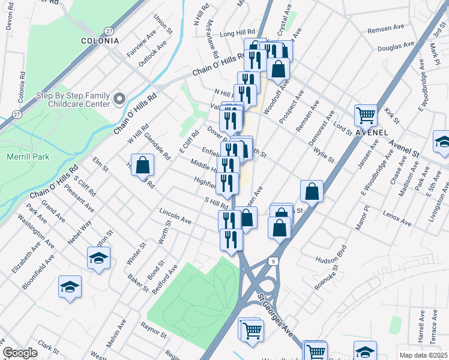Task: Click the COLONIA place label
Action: click(x=99, y=41)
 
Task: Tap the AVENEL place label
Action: click(x=372, y=132)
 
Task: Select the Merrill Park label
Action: click(x=28, y=157)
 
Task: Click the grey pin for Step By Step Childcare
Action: click(x=119, y=98)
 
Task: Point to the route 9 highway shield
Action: click(x=273, y=261)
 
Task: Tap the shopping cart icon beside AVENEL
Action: click(x=366, y=114)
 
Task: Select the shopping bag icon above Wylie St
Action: click(x=312, y=191)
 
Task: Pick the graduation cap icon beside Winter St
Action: click(x=98, y=259)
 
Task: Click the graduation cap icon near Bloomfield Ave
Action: click(x=70, y=286)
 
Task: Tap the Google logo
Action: click(x=20, y=353)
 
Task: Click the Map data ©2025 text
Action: click(x=423, y=355)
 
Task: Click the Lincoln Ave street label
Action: click(x=175, y=217)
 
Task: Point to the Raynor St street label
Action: click(x=152, y=329)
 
